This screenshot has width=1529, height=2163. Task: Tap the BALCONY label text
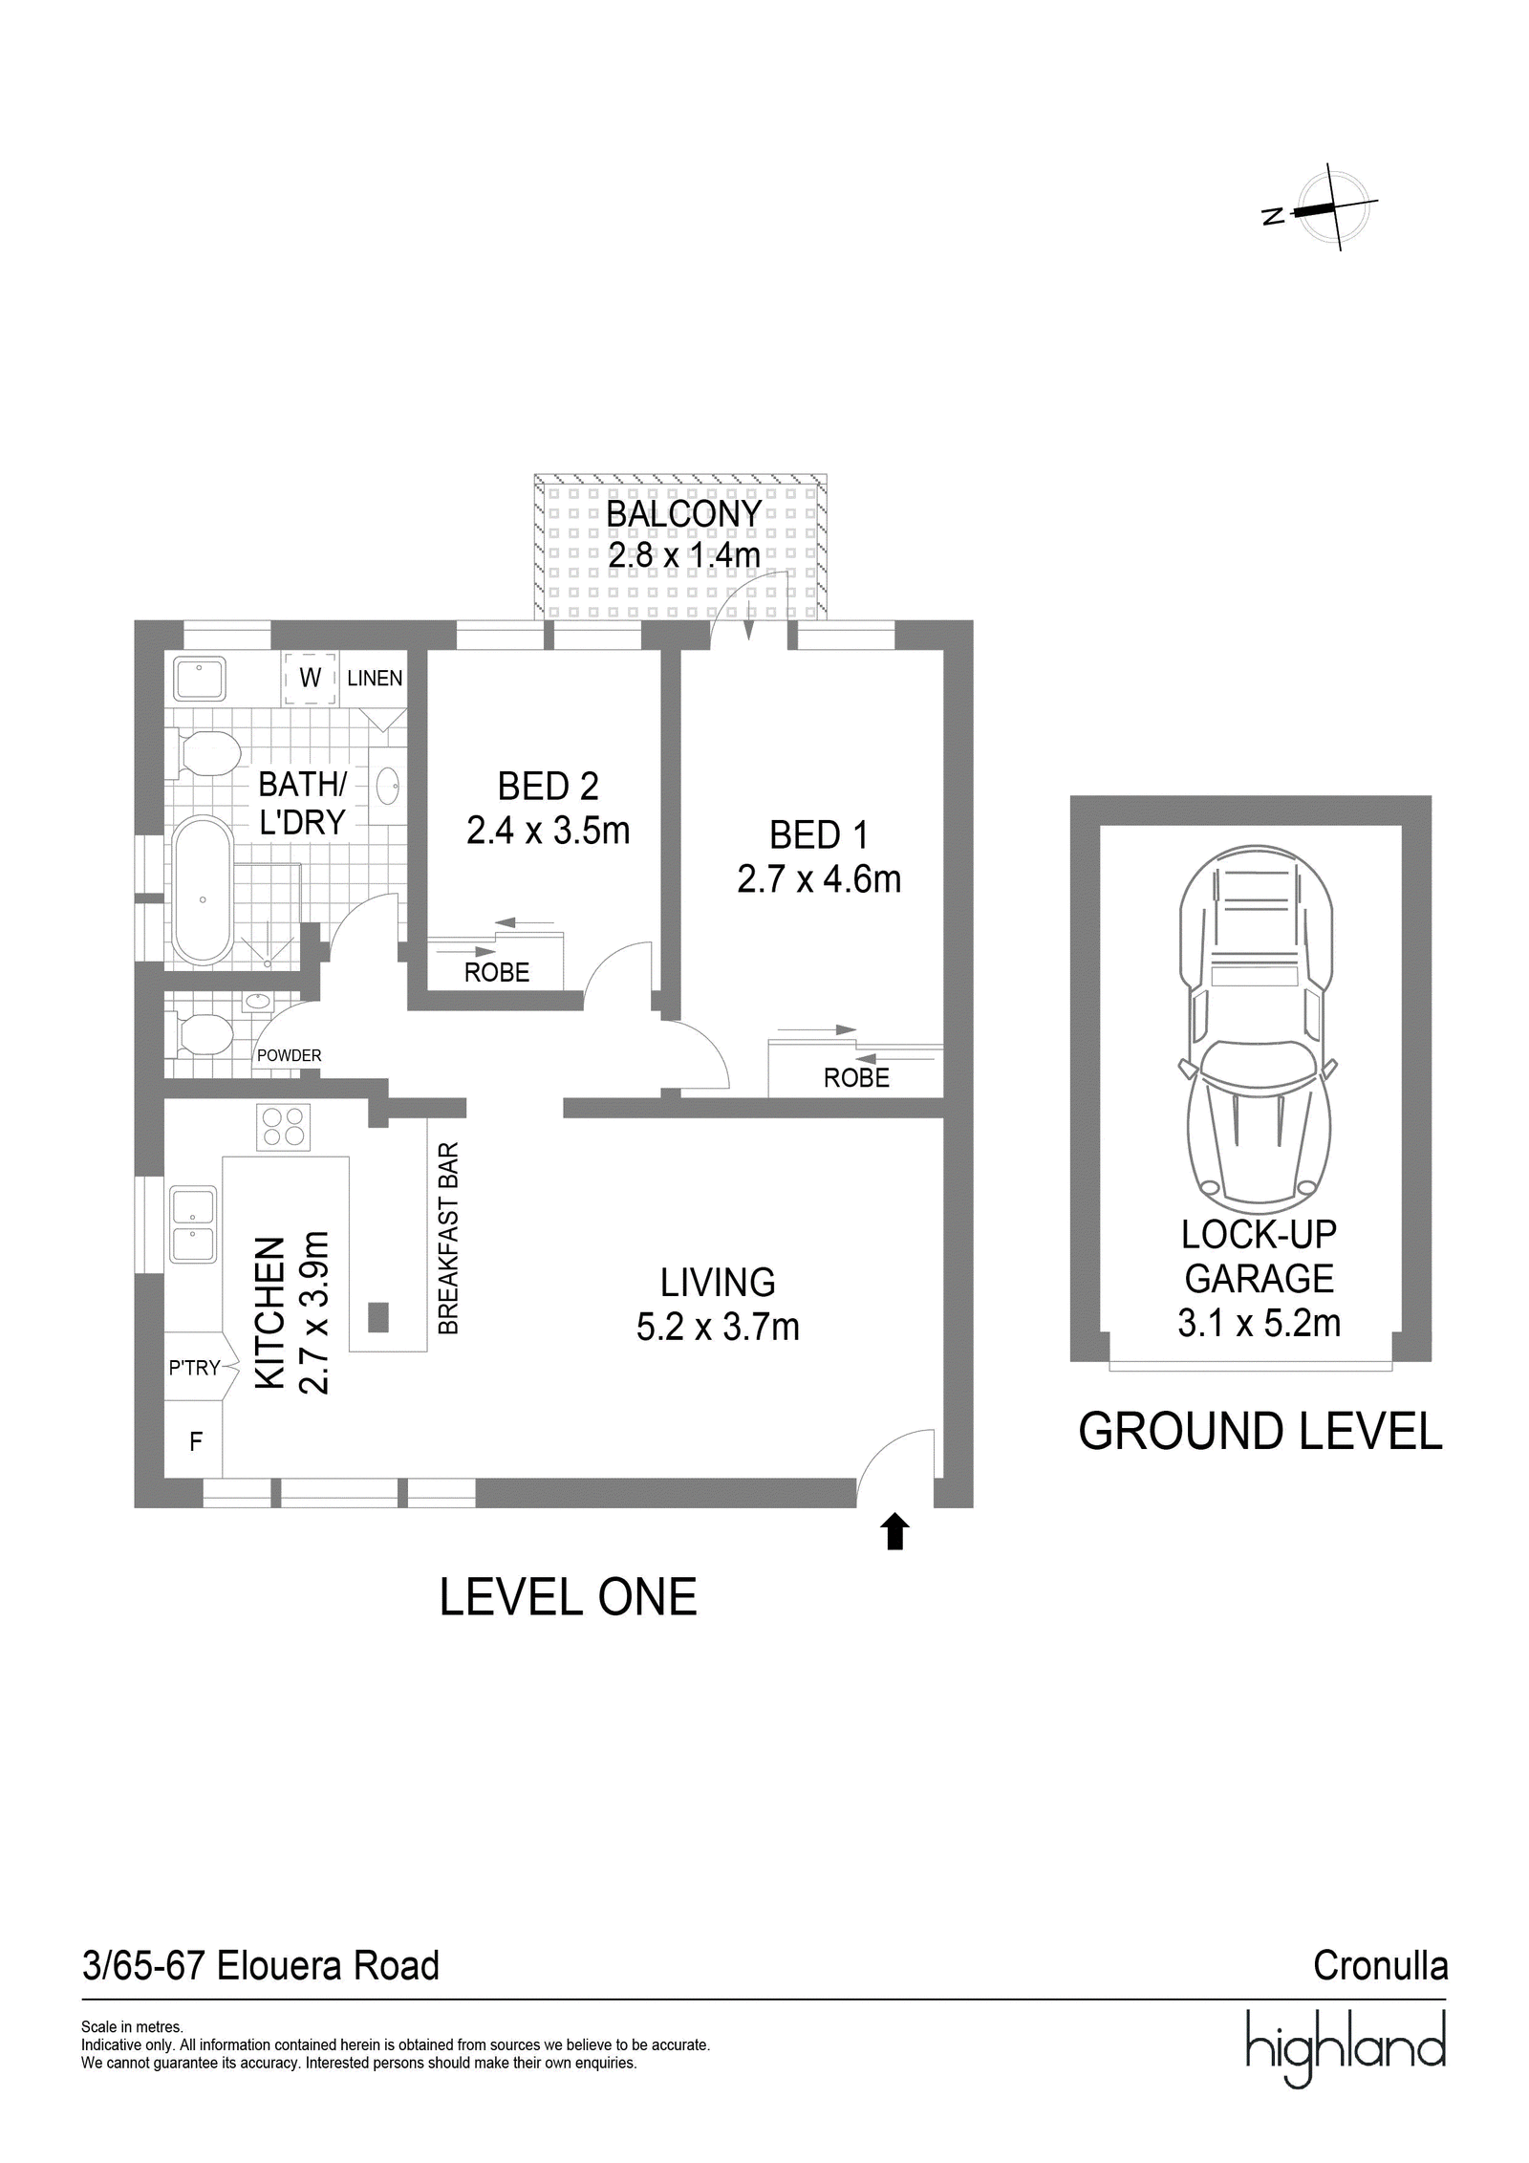coord(683,513)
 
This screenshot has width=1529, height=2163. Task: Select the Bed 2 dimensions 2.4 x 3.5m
coord(549,831)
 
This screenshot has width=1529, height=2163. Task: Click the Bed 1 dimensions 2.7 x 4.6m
coord(819,878)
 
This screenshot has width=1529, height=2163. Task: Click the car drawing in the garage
coord(1259,1025)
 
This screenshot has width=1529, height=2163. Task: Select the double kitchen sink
coord(193,1225)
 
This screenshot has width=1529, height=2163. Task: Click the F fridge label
coord(196,1442)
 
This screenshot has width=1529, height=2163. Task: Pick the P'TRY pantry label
coord(195,1369)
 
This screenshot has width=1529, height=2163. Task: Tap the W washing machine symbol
coord(311,678)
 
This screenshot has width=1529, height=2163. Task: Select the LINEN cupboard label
coord(375,678)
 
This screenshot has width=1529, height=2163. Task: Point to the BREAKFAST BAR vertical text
coord(448,1238)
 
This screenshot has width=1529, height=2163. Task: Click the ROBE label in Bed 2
coord(497,972)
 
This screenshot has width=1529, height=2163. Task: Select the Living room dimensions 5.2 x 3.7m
coord(718,1328)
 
